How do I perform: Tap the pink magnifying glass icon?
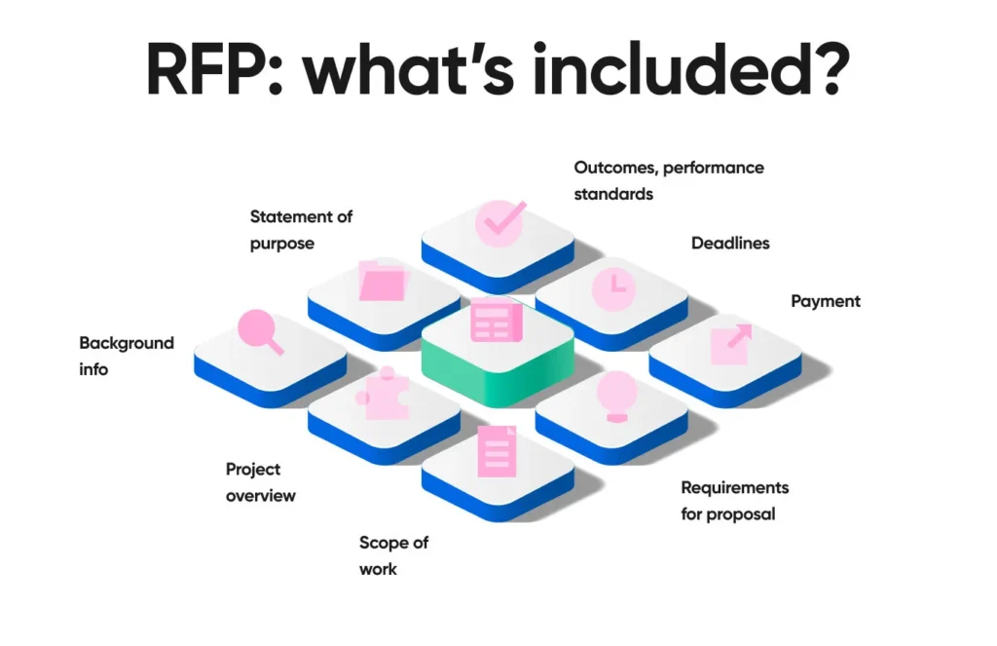[260, 330]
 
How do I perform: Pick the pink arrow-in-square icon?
[730, 344]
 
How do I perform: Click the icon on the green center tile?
[497, 321]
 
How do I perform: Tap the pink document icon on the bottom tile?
[497, 451]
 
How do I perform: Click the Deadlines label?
[730, 243]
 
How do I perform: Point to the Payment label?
[826, 301]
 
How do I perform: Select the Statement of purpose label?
[301, 230]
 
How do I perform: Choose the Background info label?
[127, 356]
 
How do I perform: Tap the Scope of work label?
[393, 555]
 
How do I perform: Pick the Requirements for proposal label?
[734, 500]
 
